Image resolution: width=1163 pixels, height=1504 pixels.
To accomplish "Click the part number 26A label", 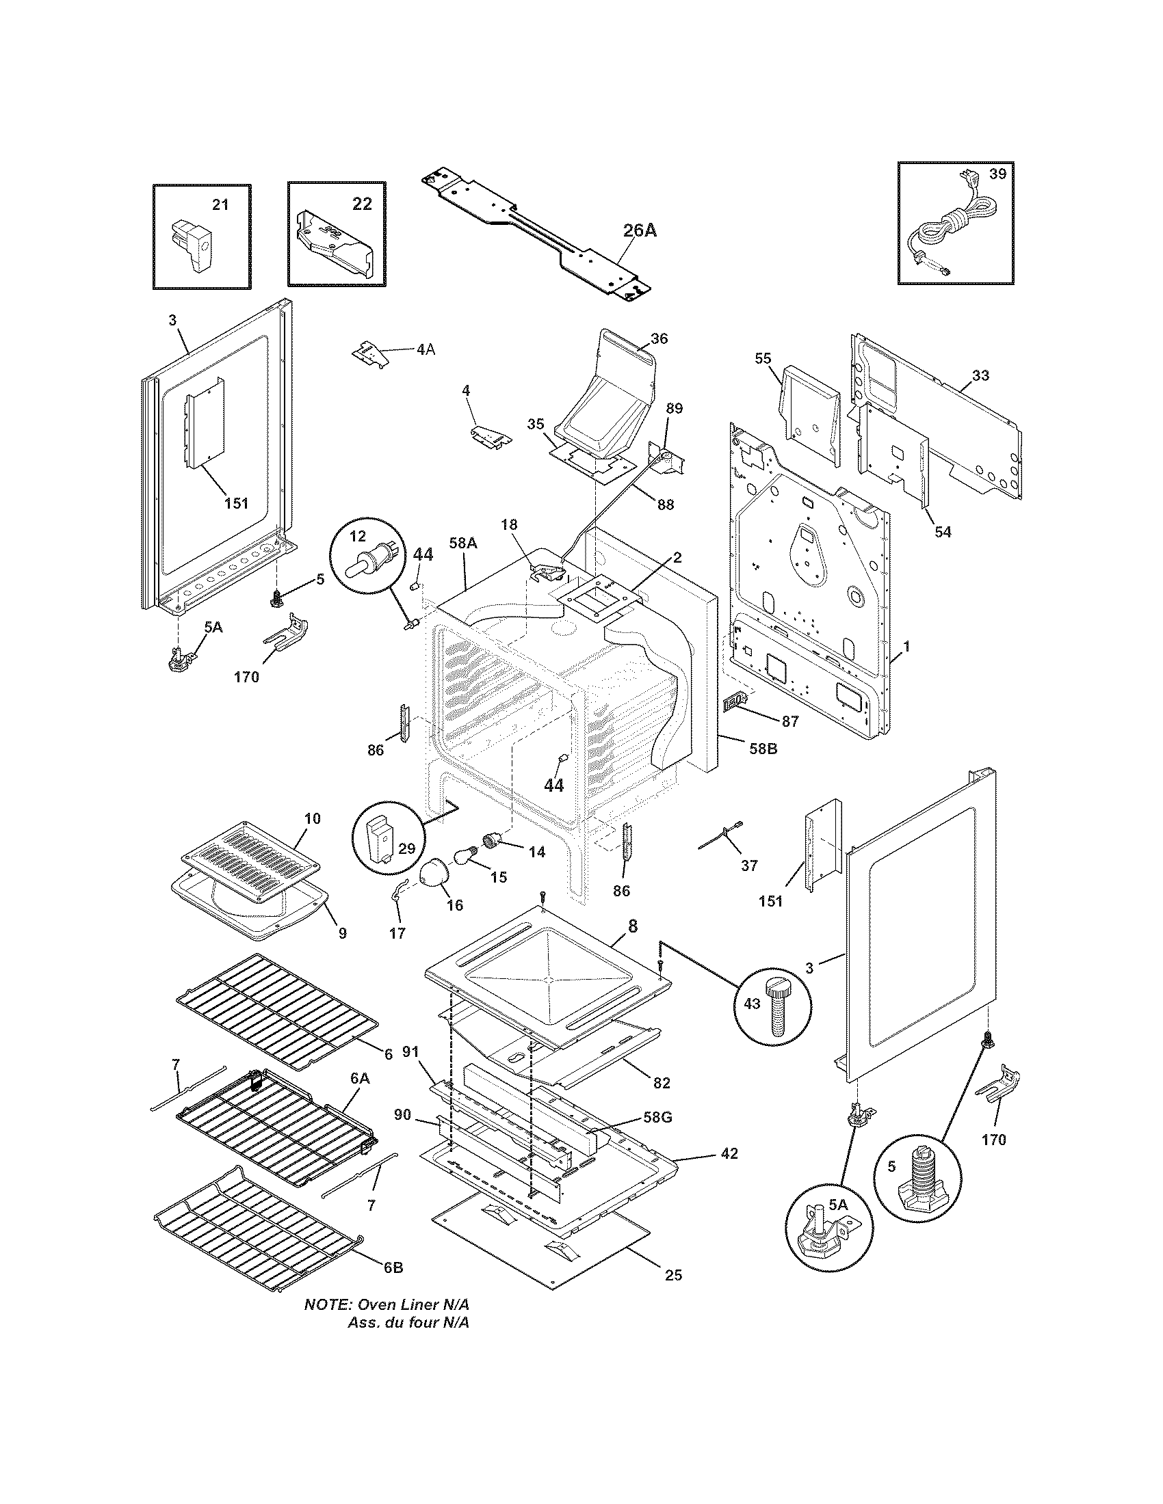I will tap(640, 230).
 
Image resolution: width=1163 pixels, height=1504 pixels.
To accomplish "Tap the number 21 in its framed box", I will tap(220, 204).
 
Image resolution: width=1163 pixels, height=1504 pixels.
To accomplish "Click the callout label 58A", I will tap(462, 543).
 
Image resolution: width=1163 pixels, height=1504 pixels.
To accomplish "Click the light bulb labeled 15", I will tap(465, 858).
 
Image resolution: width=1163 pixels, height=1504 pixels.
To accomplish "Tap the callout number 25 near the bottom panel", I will tap(673, 1275).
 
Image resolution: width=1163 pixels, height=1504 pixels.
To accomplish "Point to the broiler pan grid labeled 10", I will tap(252, 859).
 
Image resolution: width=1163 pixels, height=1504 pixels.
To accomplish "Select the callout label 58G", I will tap(657, 1118).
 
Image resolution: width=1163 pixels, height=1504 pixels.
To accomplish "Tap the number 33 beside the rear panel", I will tap(980, 375).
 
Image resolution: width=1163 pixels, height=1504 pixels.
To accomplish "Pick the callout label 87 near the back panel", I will tap(789, 721).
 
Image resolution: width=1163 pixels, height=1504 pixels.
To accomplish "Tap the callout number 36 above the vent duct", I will tap(659, 339).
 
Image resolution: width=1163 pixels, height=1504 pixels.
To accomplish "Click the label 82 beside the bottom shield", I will tap(661, 1083).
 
